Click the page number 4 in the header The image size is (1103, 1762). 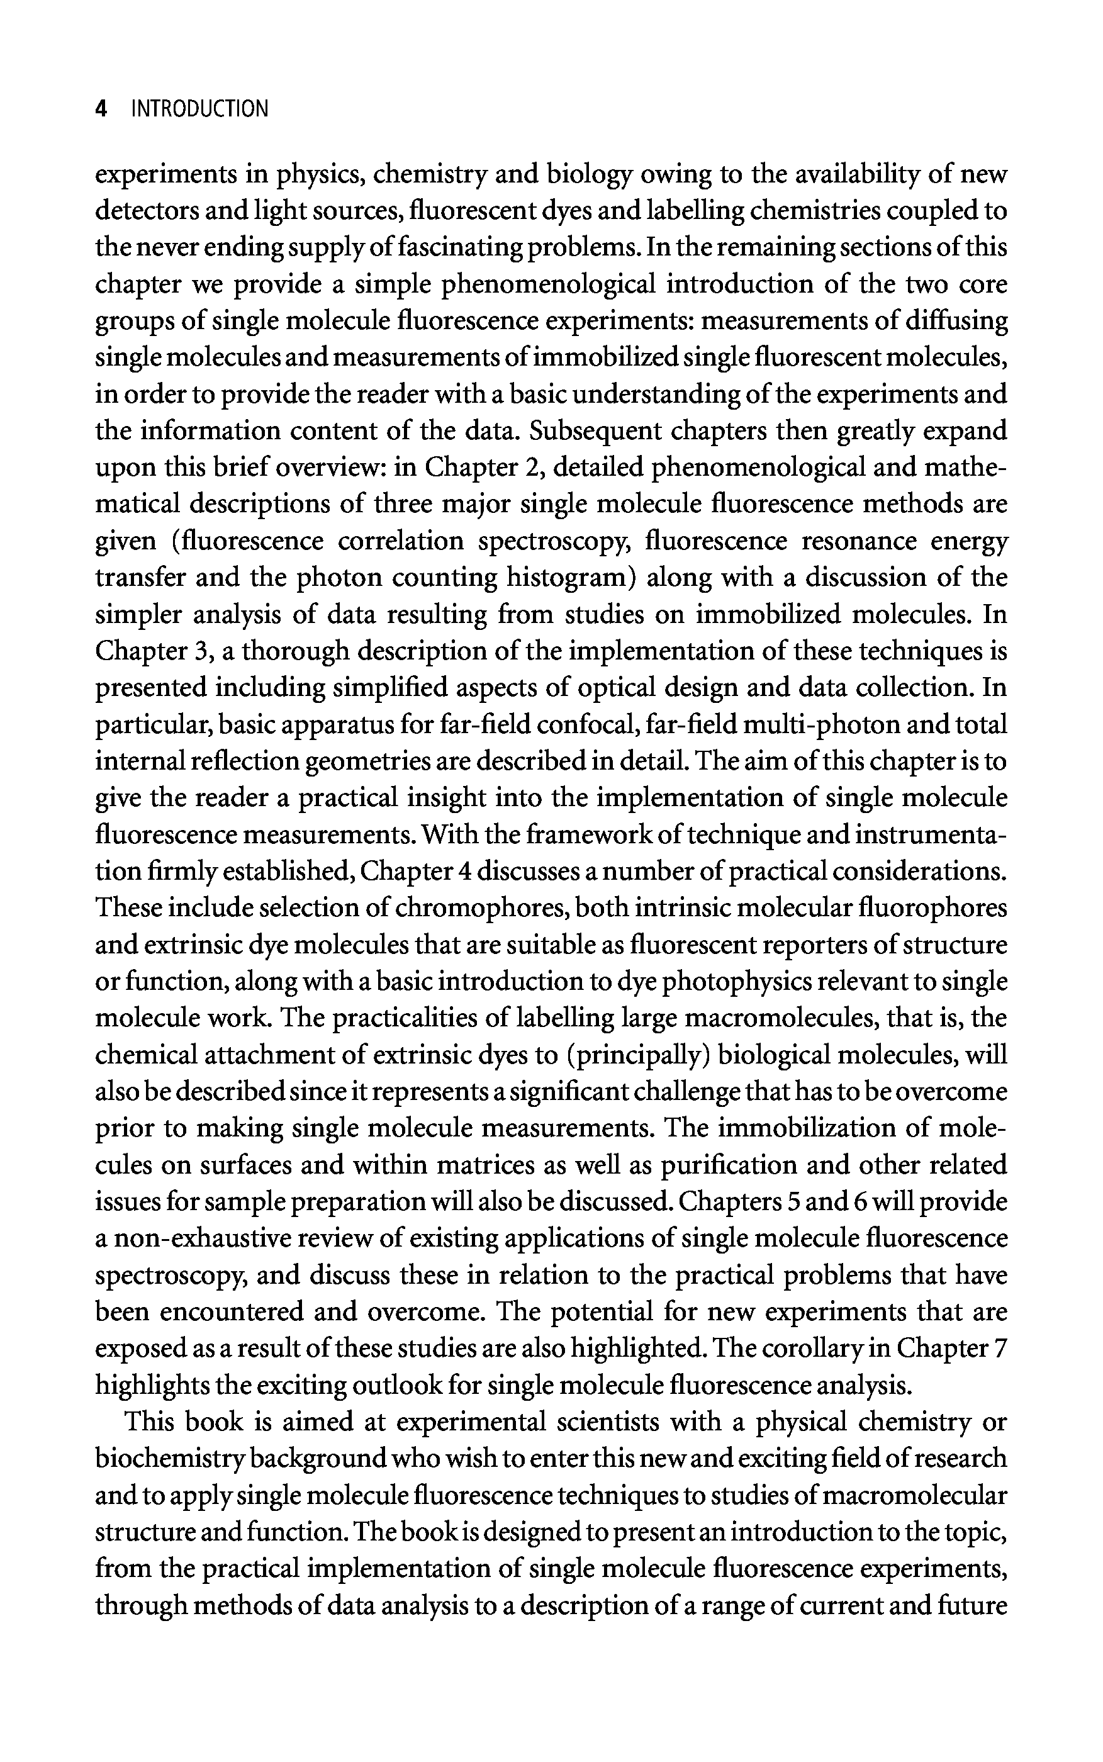pyautogui.click(x=101, y=109)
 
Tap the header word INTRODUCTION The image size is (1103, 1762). pyautogui.click(x=199, y=109)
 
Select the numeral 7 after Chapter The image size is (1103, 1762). pyautogui.click(x=1000, y=1349)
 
